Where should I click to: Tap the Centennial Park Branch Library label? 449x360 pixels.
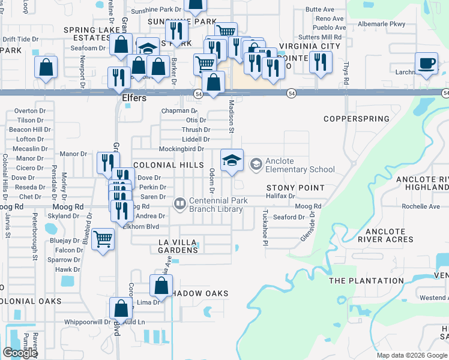(x=216, y=205)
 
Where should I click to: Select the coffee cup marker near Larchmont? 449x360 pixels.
(x=427, y=64)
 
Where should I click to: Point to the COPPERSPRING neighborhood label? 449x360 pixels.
(x=357, y=119)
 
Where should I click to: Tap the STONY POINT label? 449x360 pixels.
(x=296, y=188)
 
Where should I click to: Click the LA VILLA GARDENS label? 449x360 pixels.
(x=178, y=245)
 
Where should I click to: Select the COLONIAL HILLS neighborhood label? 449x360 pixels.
(x=164, y=165)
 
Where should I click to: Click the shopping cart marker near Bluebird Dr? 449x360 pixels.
(x=104, y=239)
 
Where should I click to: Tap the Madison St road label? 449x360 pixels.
(x=231, y=113)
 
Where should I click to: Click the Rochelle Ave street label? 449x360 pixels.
(x=421, y=206)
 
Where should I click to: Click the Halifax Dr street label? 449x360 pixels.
(x=282, y=196)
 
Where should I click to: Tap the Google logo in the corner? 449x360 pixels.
(x=20, y=353)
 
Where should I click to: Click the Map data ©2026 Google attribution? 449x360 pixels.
(x=412, y=355)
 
